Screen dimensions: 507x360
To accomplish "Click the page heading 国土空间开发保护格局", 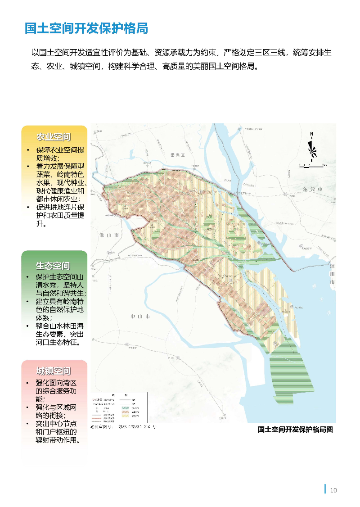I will [86, 29].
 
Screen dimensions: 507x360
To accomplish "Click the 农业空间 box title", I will [54, 137].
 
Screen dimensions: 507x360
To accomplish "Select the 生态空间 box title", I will [54, 265].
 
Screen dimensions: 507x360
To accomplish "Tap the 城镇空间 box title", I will [54, 371].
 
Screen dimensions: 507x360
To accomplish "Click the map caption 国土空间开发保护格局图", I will [295, 430].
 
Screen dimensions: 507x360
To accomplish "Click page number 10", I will [333, 490].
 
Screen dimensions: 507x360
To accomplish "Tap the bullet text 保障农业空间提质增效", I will [60, 154].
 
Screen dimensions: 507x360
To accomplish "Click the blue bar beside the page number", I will [325, 489].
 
